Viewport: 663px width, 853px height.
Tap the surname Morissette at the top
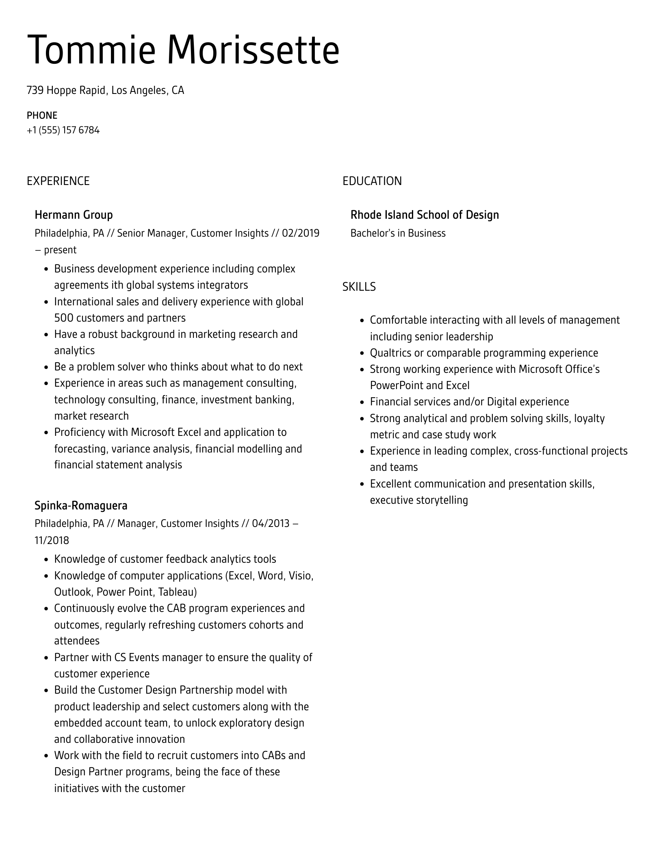pyautogui.click(x=253, y=50)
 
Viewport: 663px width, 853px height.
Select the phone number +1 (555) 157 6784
pyautogui.click(x=63, y=130)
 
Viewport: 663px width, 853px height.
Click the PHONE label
pyautogui.click(x=42, y=115)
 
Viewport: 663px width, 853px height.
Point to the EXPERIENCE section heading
pyautogui.click(x=58, y=181)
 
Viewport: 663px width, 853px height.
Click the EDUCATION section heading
pyautogui.click(x=372, y=181)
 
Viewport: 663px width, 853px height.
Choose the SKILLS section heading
pyautogui.click(x=359, y=287)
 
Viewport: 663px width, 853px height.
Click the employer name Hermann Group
pyautogui.click(x=74, y=215)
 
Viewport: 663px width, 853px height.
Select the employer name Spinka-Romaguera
pyautogui.click(x=81, y=505)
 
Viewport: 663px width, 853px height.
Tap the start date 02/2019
pyautogui.click(x=301, y=233)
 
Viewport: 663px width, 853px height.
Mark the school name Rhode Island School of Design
pyautogui.click(x=425, y=215)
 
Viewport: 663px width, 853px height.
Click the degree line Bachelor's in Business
pyautogui.click(x=398, y=233)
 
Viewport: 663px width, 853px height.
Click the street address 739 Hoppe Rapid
pyautogui.click(x=66, y=90)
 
